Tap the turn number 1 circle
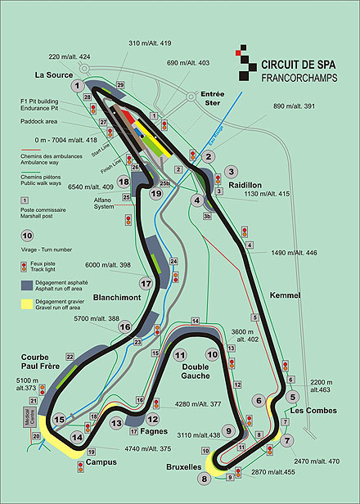tap(78, 85)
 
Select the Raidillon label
tap(248, 186)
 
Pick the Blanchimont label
tap(113, 298)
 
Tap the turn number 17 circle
tap(146, 284)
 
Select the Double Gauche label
tap(190, 371)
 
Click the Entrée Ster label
tap(211, 99)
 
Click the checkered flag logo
tap(243, 63)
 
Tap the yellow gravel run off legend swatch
tap(27, 305)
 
